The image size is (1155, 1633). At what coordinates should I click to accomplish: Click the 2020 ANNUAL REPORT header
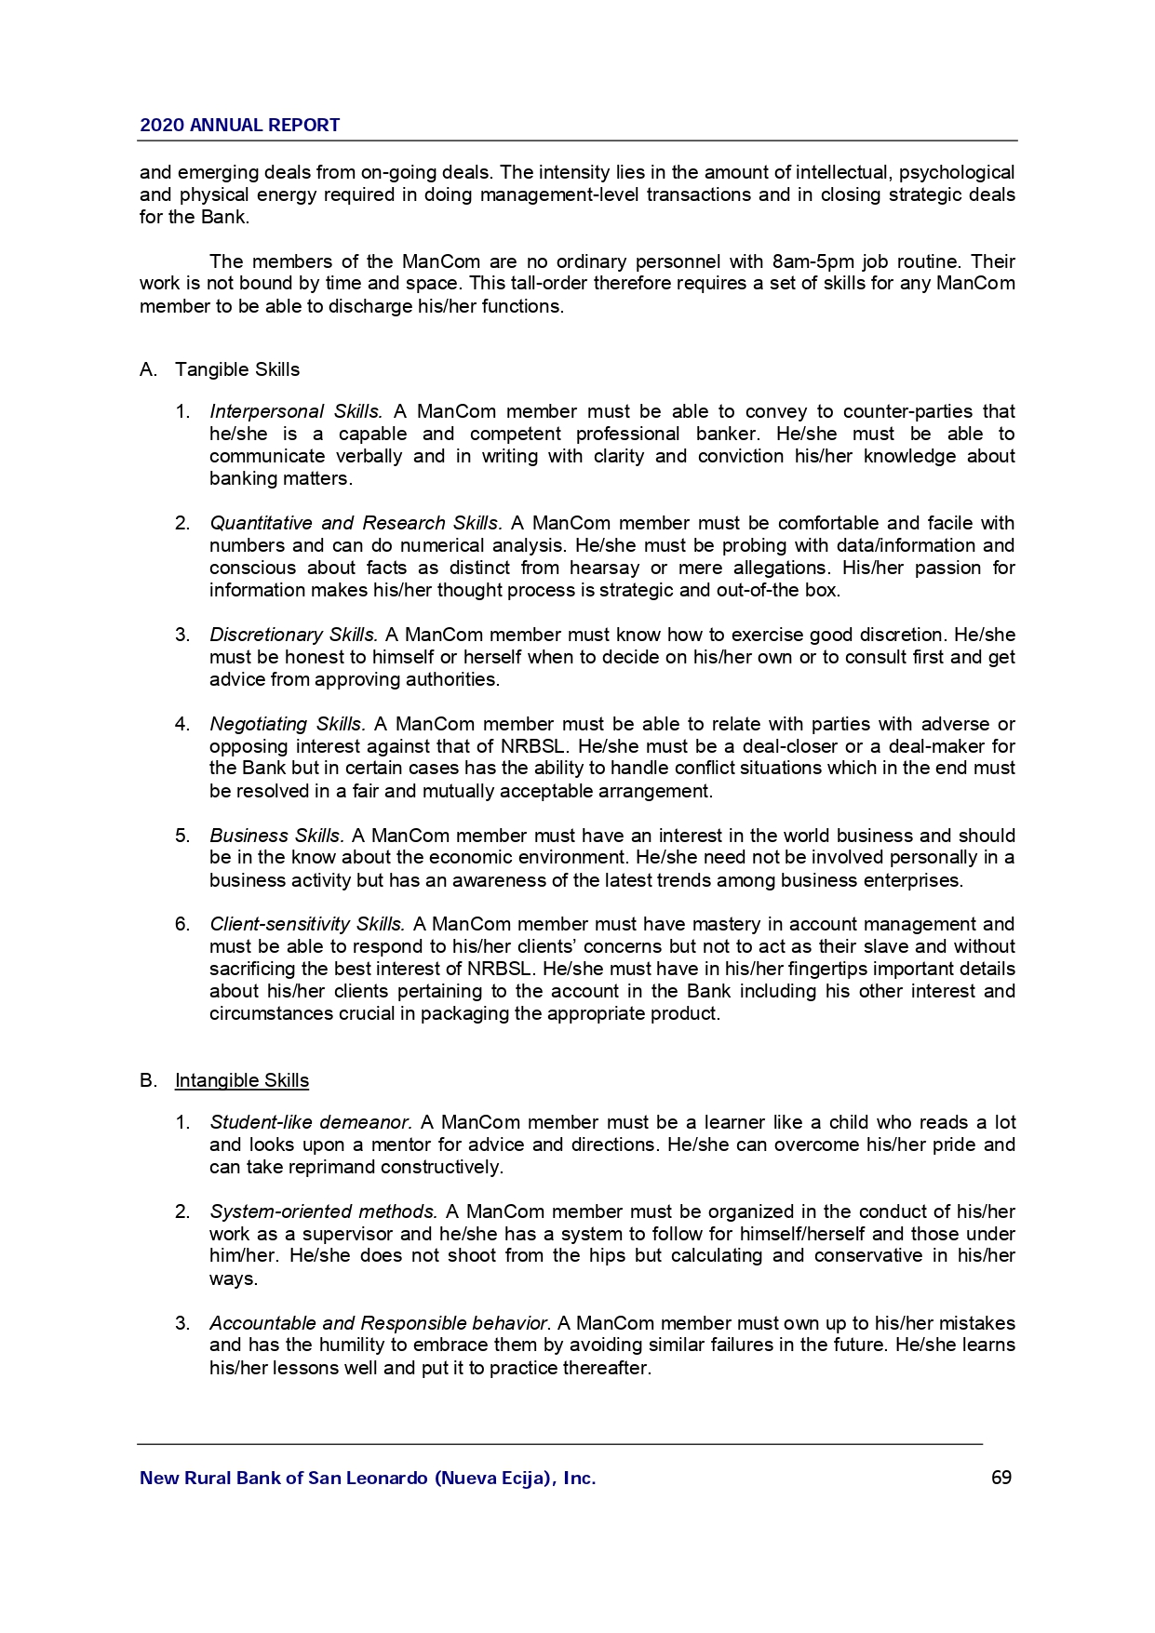point(239,126)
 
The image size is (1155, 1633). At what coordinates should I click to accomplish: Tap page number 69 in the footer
point(1001,1478)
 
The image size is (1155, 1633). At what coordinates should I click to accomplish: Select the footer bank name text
point(368,1478)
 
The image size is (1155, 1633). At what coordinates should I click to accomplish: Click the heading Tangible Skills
point(237,370)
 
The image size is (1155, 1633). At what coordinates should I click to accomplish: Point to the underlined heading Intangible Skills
point(242,1080)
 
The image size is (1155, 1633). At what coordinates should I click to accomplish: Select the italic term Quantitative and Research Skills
point(356,523)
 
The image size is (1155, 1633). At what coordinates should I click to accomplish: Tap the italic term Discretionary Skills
point(293,635)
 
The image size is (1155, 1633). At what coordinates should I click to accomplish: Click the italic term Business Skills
point(276,836)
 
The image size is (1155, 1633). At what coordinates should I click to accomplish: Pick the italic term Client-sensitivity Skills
point(307,924)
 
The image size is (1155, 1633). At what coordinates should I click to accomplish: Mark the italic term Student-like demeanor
point(311,1122)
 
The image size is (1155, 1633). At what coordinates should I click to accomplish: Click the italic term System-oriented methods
point(323,1211)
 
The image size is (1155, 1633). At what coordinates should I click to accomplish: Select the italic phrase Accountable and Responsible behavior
point(380,1323)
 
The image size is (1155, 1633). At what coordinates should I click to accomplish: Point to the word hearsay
point(604,568)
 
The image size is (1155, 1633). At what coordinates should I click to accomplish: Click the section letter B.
point(146,1080)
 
